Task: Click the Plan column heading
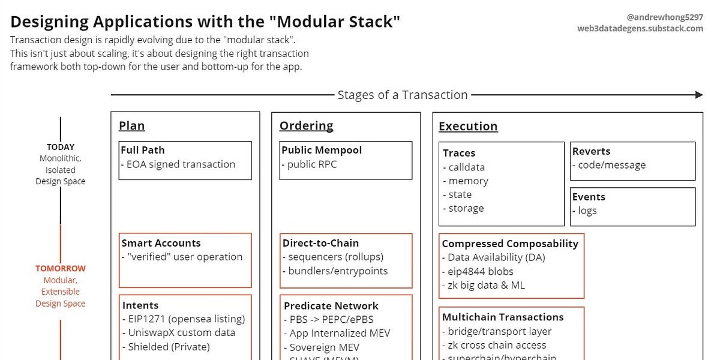(x=132, y=126)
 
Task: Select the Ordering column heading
(x=306, y=126)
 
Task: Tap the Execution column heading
(x=468, y=127)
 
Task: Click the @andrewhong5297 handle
(x=665, y=17)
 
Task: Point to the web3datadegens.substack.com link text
(x=640, y=28)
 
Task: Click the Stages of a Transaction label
(x=403, y=95)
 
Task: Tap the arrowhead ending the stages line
(x=698, y=95)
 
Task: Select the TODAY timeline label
(x=61, y=147)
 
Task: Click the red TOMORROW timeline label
(x=61, y=269)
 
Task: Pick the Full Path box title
(x=143, y=151)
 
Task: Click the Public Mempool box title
(x=322, y=151)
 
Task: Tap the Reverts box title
(x=591, y=152)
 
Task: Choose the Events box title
(x=589, y=197)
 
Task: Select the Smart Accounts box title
(x=161, y=243)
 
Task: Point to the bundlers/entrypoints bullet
(x=337, y=271)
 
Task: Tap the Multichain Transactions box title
(x=503, y=317)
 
